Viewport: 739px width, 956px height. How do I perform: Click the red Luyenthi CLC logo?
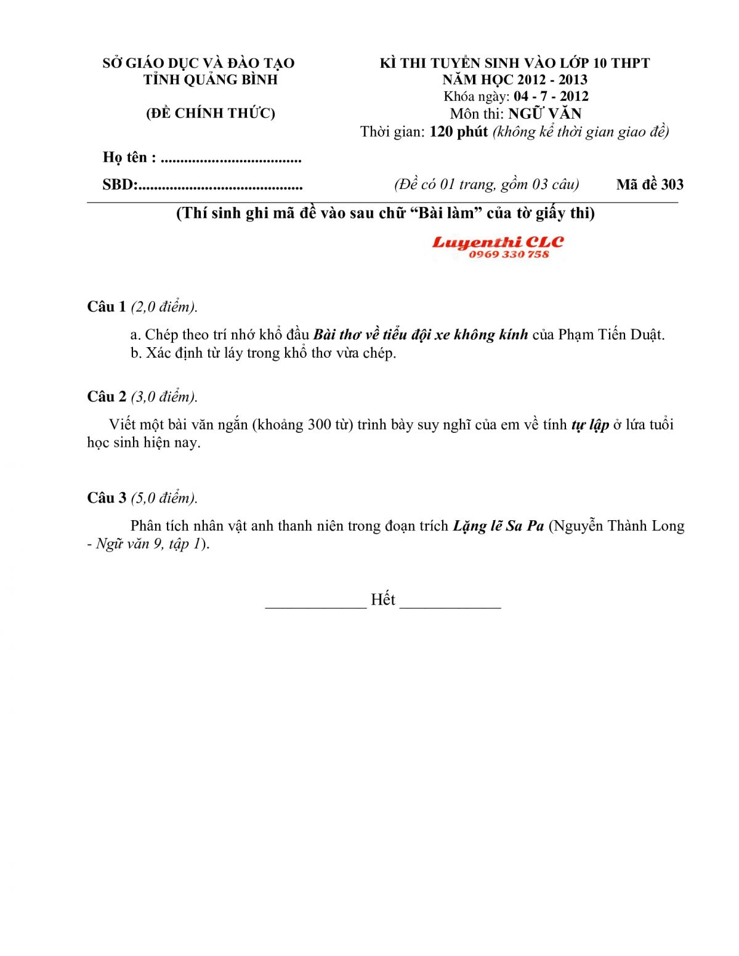[x=498, y=243]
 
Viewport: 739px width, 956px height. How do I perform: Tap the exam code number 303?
[x=672, y=185]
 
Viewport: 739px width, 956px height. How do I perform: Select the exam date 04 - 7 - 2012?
[x=551, y=97]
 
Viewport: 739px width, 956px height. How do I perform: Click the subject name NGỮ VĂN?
[x=544, y=114]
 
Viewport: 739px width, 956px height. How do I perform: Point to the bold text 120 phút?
[x=458, y=132]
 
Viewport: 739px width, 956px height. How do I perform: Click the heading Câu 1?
[x=107, y=307]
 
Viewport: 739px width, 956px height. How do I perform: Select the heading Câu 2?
[x=107, y=396]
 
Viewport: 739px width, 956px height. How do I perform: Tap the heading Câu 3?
[x=107, y=498]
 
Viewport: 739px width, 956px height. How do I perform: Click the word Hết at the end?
[x=382, y=600]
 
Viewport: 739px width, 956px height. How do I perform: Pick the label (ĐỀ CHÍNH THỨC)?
[x=211, y=113]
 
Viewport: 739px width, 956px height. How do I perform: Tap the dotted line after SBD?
[x=220, y=185]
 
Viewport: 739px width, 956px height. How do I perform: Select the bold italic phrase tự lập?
[x=590, y=425]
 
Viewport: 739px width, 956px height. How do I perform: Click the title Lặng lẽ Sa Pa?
[x=498, y=526]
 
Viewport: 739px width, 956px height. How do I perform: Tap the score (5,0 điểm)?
[x=164, y=498]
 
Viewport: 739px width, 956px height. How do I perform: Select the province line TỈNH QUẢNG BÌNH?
[x=211, y=80]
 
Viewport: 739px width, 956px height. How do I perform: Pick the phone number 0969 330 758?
[x=509, y=255]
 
